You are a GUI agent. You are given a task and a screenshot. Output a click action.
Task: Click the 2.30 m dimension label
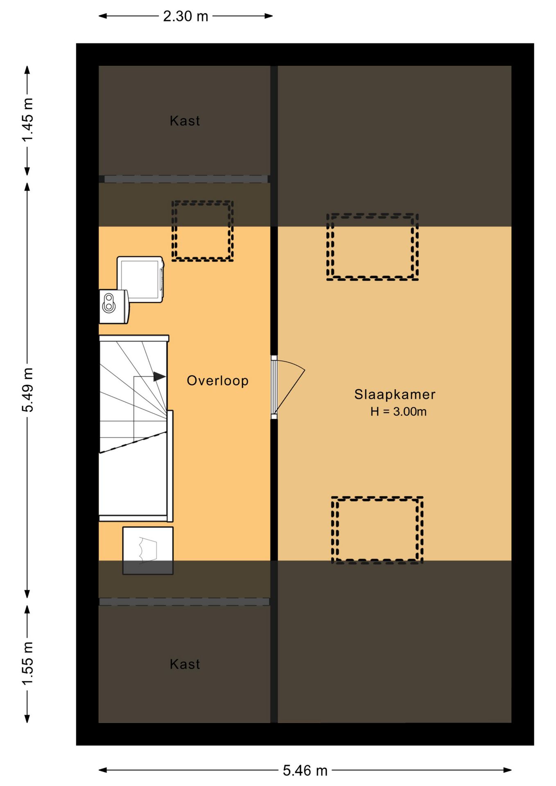185,16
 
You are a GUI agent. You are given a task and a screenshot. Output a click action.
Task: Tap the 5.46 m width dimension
305,770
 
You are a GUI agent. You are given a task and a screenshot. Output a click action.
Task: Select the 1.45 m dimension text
27,120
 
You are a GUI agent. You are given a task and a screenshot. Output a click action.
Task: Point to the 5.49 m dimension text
27,390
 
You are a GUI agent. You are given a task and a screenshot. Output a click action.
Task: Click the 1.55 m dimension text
27,664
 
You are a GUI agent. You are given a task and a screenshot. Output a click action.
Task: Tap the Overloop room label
217,381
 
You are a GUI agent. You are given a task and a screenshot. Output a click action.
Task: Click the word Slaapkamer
395,394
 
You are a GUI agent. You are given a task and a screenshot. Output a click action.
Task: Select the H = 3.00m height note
398,411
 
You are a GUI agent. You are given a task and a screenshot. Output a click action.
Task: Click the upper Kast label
185,121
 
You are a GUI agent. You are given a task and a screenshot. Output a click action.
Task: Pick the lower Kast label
185,664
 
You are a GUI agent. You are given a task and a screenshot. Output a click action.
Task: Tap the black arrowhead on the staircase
159,377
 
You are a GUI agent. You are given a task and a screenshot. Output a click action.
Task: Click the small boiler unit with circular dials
114,306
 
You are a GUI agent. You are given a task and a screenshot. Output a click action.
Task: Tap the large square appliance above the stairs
140,279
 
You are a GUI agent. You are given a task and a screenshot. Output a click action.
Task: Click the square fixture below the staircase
148,551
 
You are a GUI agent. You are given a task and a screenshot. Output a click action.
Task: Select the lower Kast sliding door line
184,602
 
